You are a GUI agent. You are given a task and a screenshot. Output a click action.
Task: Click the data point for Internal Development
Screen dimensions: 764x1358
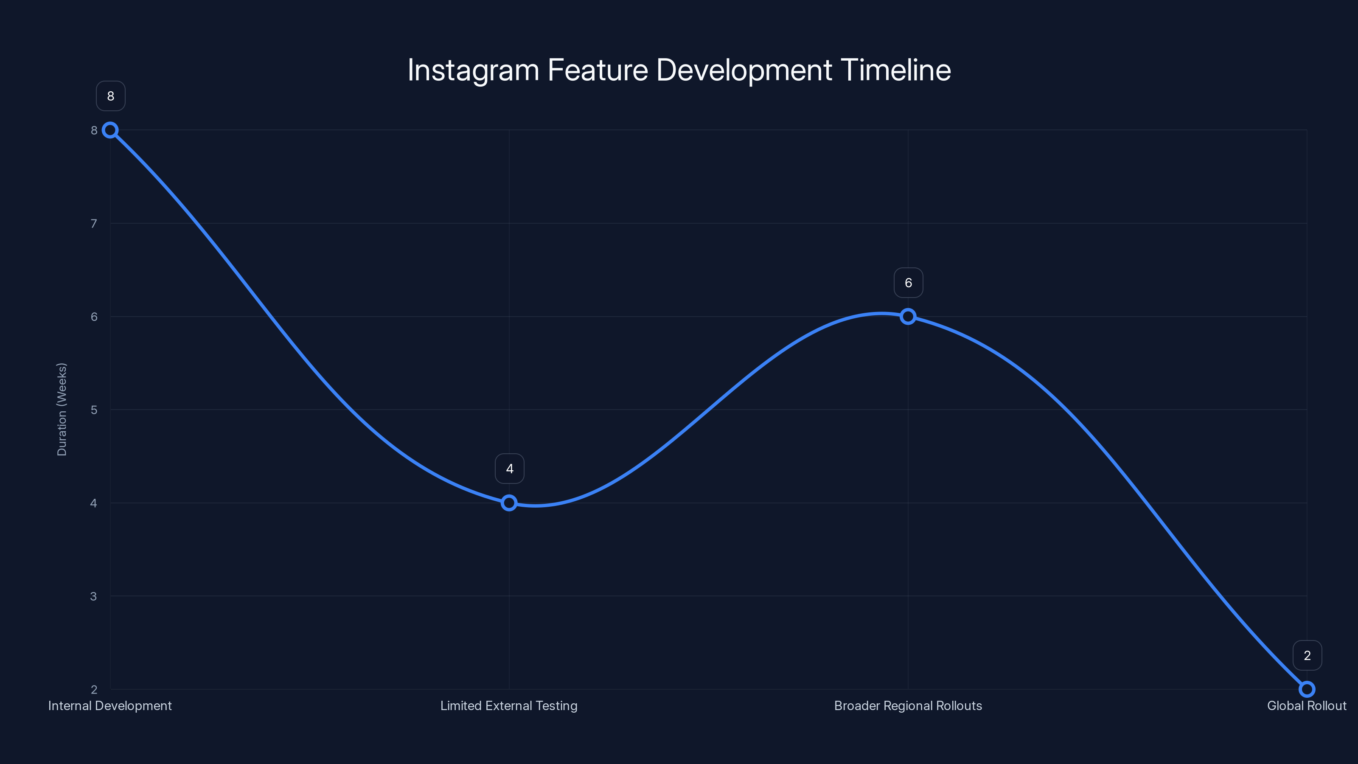click(x=110, y=130)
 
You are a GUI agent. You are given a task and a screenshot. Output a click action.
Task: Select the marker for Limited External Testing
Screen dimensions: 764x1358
click(x=509, y=503)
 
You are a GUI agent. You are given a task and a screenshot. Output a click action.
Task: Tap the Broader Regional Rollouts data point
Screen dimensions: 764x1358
click(x=908, y=316)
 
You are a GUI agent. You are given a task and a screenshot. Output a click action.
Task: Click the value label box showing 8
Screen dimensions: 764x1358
click(x=111, y=96)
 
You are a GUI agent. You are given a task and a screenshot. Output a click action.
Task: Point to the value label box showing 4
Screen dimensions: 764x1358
click(x=509, y=469)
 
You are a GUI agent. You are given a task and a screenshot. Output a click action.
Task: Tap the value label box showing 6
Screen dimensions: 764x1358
click(x=908, y=283)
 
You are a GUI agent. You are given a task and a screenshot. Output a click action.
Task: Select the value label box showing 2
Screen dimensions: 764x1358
click(x=1307, y=655)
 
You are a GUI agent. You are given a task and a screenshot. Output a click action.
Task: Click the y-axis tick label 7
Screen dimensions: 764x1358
click(x=94, y=224)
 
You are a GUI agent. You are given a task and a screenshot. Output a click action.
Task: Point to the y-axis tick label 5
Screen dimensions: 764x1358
click(x=94, y=410)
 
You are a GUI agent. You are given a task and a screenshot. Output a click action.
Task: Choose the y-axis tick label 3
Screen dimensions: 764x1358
click(x=94, y=596)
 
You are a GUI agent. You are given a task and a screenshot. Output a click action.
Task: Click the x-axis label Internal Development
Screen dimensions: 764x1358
click(x=110, y=706)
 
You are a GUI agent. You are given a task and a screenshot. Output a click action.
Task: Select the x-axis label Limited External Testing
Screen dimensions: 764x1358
click(x=509, y=706)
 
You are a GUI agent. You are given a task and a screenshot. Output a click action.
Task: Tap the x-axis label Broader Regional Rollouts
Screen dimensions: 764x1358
click(x=908, y=706)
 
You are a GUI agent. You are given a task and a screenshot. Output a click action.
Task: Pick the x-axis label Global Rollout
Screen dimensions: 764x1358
click(x=1306, y=706)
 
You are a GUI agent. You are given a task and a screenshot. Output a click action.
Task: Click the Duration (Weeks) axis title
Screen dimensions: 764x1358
click(x=62, y=409)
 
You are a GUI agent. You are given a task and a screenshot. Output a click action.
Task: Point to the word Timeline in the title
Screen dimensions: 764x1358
click(x=896, y=70)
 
